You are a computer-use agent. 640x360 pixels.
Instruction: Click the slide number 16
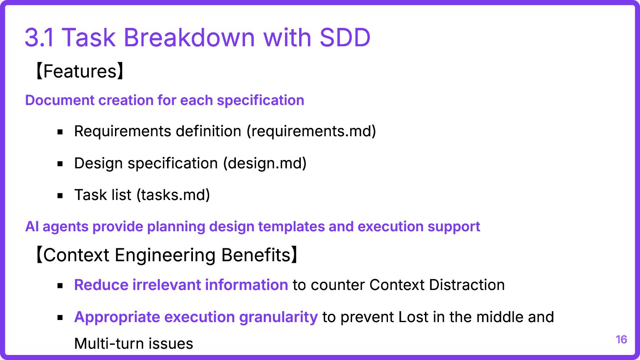click(x=621, y=340)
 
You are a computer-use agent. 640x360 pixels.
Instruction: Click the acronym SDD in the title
click(x=345, y=37)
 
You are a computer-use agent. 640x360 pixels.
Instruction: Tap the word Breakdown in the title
click(x=189, y=37)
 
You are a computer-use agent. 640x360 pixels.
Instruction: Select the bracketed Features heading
click(x=80, y=71)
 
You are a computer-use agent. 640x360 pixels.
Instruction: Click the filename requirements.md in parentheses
click(x=311, y=131)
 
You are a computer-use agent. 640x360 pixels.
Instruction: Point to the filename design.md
click(x=265, y=163)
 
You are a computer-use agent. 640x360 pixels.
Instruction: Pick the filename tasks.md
click(x=173, y=195)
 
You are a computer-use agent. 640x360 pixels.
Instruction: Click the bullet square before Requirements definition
click(x=60, y=132)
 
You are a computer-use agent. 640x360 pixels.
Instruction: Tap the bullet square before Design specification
click(x=60, y=164)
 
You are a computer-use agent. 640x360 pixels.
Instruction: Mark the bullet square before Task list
click(x=60, y=196)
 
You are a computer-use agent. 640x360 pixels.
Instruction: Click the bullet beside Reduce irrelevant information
click(x=60, y=286)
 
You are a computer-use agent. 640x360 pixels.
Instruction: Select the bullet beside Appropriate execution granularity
click(x=60, y=317)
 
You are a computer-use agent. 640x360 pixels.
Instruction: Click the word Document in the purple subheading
click(x=60, y=100)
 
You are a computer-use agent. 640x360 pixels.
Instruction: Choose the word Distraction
click(x=467, y=285)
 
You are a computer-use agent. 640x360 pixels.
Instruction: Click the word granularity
click(x=278, y=317)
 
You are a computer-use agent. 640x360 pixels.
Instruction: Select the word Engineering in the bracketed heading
click(x=165, y=255)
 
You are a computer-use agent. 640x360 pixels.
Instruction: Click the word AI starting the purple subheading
click(x=32, y=227)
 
